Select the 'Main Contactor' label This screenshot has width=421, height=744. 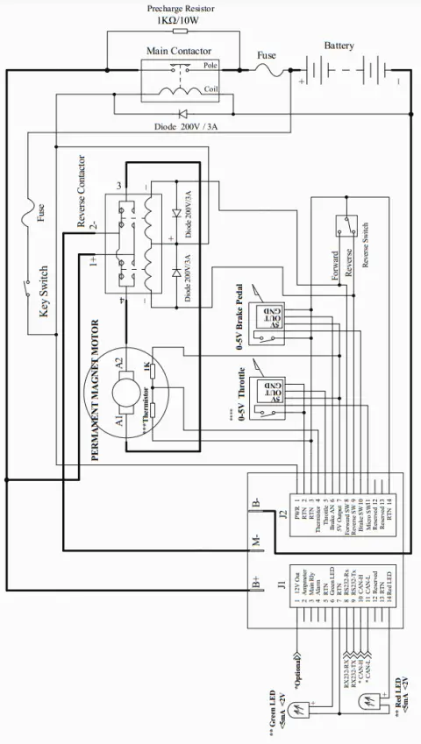pos(178,52)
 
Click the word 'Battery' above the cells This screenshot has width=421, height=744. pos(339,45)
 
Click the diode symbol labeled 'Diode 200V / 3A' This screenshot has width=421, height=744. pos(182,113)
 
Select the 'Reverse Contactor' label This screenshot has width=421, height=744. pos(82,193)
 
